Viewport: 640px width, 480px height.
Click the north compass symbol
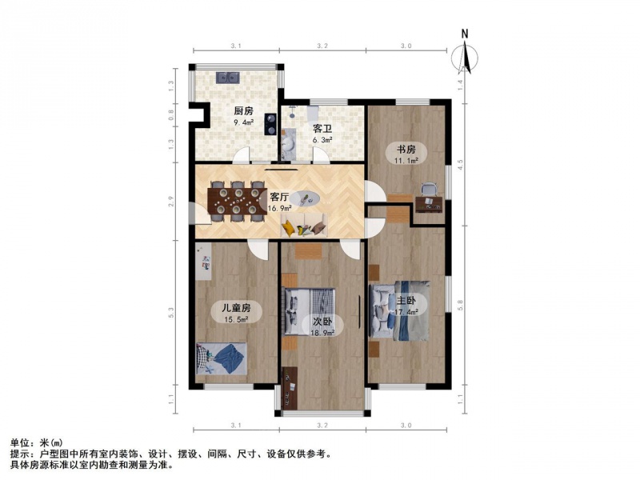[465, 55]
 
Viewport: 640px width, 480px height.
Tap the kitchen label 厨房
[243, 110]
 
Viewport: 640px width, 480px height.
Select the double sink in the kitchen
[227, 77]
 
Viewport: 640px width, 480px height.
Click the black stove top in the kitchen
[270, 124]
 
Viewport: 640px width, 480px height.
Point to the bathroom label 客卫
[322, 129]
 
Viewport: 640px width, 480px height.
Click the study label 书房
[406, 150]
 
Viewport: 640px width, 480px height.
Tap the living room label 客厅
[279, 197]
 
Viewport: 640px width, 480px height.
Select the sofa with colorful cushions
[304, 226]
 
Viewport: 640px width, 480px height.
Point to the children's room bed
[222, 358]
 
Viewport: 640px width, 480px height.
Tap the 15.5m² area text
[237, 320]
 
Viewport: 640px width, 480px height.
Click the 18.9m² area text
[322, 333]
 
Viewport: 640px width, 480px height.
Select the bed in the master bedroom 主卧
[399, 310]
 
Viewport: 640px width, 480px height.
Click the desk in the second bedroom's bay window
[290, 388]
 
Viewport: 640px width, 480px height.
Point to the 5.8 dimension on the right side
[460, 305]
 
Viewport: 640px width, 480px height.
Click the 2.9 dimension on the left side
[171, 202]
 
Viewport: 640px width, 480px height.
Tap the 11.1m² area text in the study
[406, 161]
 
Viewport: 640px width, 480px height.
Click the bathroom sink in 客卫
[289, 143]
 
